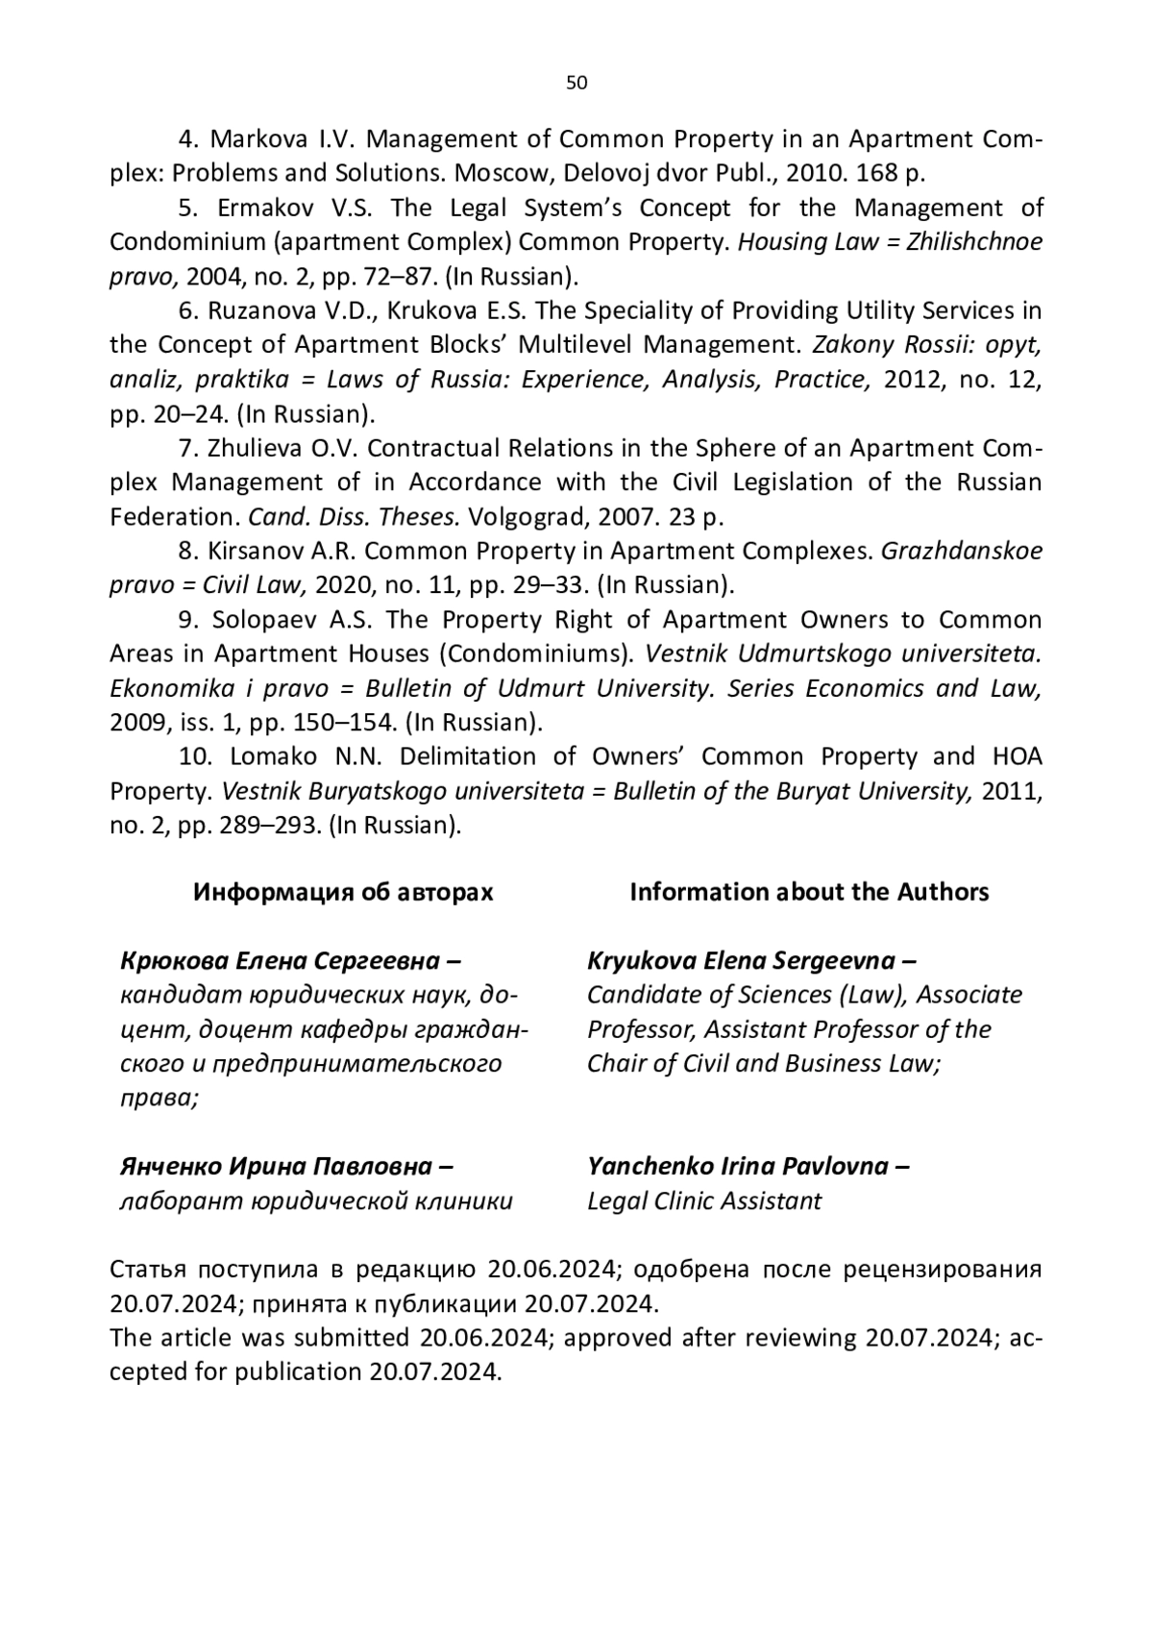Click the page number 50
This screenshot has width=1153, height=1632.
tap(576, 83)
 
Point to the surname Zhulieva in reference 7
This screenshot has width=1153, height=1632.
tap(254, 448)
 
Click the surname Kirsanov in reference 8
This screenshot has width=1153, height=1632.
tap(253, 551)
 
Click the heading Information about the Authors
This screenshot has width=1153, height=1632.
tap(809, 892)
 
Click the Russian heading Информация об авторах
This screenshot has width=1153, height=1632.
tap(343, 892)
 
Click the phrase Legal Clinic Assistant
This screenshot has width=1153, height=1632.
tap(704, 1200)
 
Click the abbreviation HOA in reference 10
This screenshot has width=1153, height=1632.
tap(1017, 756)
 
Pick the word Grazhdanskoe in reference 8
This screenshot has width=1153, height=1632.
tap(962, 551)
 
